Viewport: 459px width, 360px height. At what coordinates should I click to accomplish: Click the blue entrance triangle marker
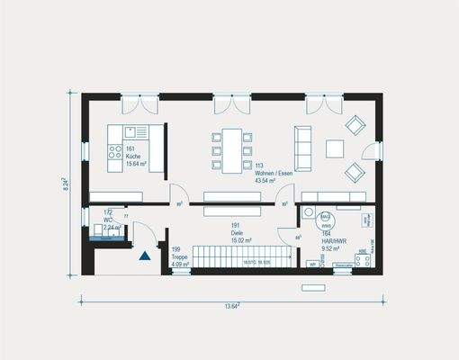tap(144, 257)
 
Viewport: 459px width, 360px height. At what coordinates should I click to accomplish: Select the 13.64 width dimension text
tap(231, 305)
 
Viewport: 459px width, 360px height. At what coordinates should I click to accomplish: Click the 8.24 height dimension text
tap(65, 184)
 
